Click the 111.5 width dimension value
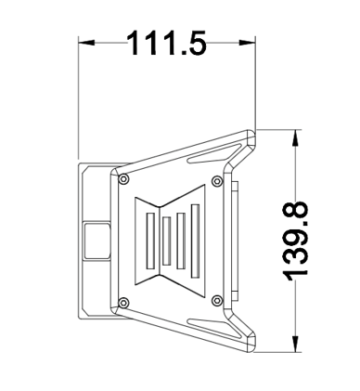tap(166, 43)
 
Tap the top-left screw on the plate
tap(124, 179)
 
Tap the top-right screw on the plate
tap(217, 181)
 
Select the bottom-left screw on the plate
tap(124, 302)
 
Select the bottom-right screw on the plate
tap(218, 300)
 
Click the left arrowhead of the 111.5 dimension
tap(86, 43)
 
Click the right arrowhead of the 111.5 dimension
tap(248, 43)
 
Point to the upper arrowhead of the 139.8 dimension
tap(296, 137)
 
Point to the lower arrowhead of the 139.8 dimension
tap(296, 344)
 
